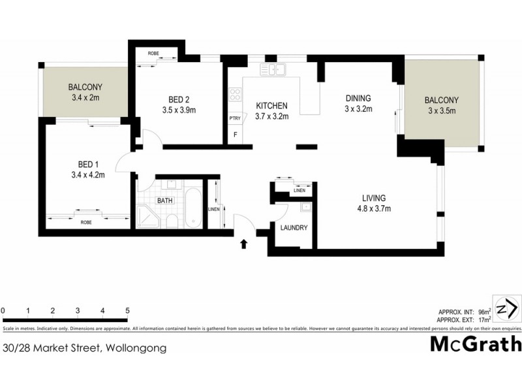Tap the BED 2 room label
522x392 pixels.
tap(177, 99)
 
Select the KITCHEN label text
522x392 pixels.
tap(271, 106)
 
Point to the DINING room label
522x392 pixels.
tap(358, 99)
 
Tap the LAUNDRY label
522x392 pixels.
tap(294, 228)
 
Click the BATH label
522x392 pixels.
tap(164, 201)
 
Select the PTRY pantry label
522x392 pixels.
tap(235, 118)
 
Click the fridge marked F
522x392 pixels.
tap(235, 135)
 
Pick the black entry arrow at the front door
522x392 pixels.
tap(245, 244)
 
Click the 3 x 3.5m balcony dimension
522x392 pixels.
tap(442, 111)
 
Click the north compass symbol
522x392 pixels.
tap(507, 309)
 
